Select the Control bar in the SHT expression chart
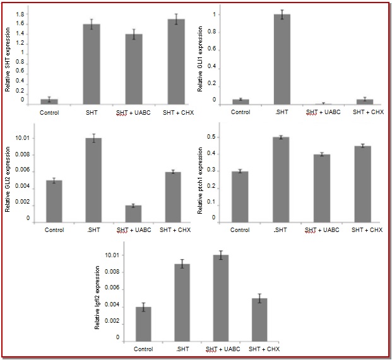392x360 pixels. (x=50, y=101)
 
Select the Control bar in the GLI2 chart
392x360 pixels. (x=54, y=200)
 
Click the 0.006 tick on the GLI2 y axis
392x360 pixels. (x=23, y=170)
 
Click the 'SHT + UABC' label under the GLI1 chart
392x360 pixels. (x=322, y=112)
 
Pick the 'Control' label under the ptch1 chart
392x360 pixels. (x=240, y=229)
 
